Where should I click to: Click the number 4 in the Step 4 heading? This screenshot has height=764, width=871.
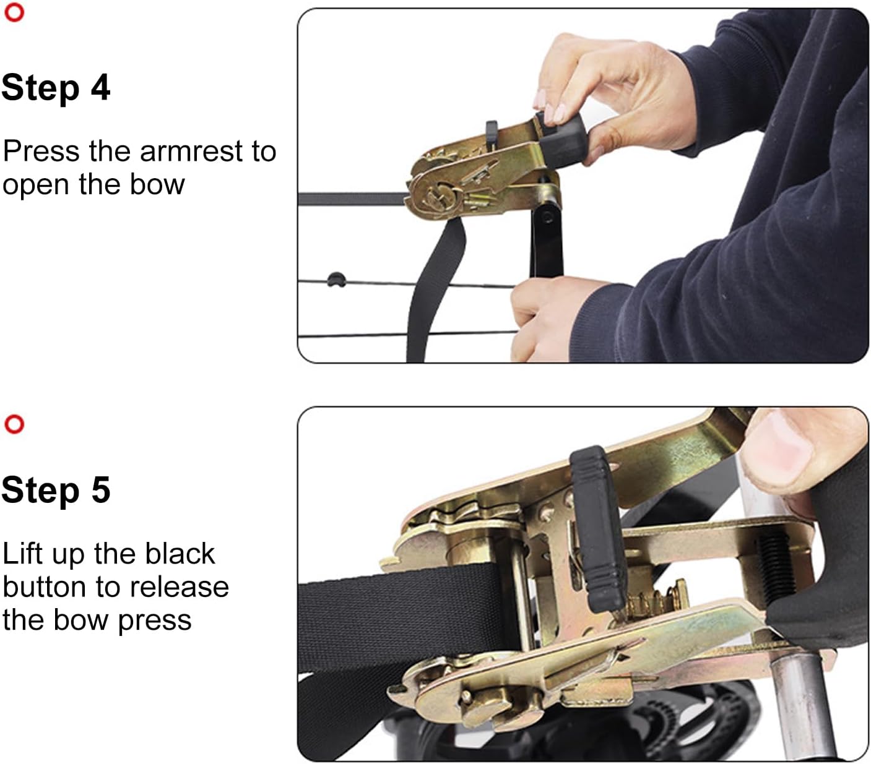[x=100, y=88]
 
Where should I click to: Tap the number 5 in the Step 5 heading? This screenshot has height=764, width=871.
[x=100, y=490]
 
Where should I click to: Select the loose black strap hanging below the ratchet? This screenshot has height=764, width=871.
[x=432, y=291]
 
